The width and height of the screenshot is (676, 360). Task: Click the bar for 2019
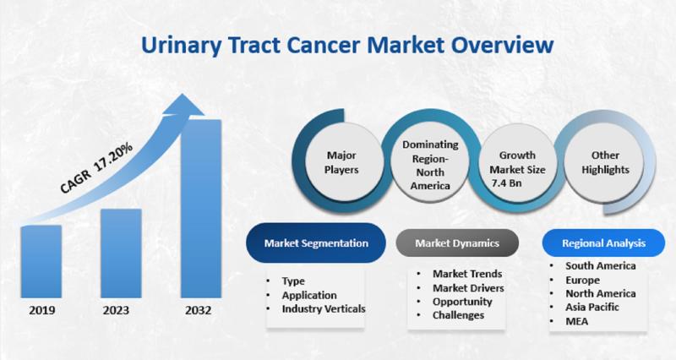click(41, 261)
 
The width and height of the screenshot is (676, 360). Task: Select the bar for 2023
click(121, 253)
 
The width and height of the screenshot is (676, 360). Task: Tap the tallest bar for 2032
click(201, 209)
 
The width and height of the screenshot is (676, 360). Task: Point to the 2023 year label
click(116, 310)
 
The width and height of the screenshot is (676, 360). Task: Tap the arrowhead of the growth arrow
click(183, 105)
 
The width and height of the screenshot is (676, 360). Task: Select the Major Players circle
click(341, 162)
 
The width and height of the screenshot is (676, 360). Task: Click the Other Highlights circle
click(605, 162)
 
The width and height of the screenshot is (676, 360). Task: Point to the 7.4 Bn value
click(506, 183)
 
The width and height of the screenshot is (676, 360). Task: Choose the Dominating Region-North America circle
click(430, 165)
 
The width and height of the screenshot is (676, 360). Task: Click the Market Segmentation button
click(316, 243)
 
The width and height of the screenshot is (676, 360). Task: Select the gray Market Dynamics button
click(457, 243)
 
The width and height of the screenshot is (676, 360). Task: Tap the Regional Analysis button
click(603, 243)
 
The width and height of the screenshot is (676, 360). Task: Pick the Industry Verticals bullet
click(324, 309)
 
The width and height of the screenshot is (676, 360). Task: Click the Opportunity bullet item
click(462, 302)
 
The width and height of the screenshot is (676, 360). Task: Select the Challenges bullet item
click(458, 315)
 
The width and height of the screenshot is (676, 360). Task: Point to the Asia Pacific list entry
click(592, 307)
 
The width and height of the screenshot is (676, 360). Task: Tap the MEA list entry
click(576, 321)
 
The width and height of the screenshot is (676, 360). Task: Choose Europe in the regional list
click(582, 281)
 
